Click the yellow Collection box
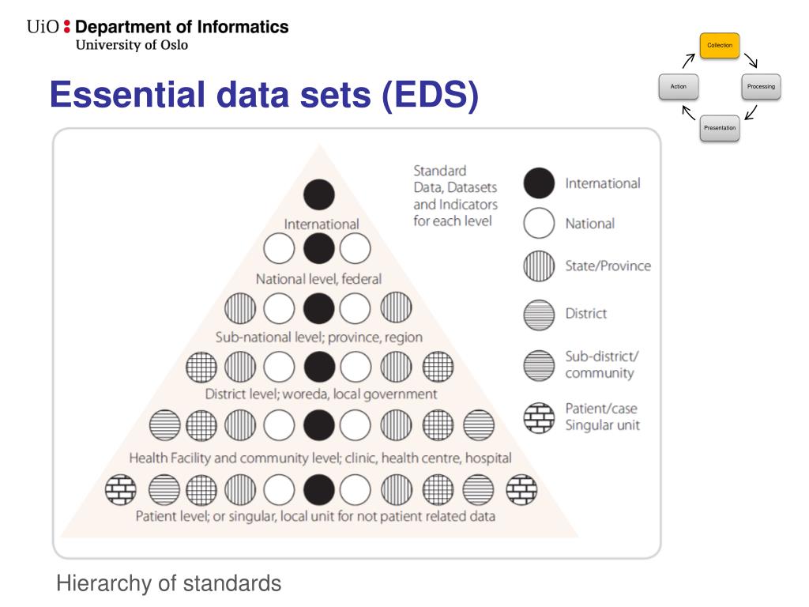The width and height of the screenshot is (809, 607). tap(720, 46)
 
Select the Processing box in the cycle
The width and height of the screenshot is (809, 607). tap(762, 86)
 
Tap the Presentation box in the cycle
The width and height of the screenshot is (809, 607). tap(720, 127)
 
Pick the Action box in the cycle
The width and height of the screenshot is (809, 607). tap(678, 86)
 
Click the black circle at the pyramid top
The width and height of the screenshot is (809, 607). tap(318, 195)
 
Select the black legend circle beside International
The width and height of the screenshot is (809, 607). tap(539, 183)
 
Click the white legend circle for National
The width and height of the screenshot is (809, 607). tap(539, 224)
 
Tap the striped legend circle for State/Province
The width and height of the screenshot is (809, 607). tap(539, 266)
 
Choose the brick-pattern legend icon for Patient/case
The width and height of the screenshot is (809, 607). tap(539, 417)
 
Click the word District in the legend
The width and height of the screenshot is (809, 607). tap(585, 314)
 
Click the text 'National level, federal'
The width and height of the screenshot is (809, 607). tap(318, 278)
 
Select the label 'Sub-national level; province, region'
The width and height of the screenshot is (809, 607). tap(318, 337)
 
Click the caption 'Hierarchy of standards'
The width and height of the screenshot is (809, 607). tap(168, 584)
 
